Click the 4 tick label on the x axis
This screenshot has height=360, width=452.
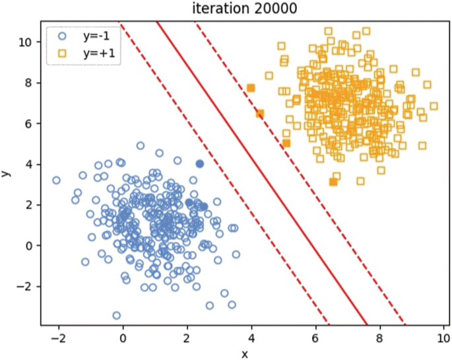pos(251,338)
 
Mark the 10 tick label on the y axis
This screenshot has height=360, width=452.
pos(25,42)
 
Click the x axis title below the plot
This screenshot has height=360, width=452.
pos(244,353)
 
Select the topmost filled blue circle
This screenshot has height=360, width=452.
pos(200,164)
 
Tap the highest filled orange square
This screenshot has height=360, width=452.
pos(251,88)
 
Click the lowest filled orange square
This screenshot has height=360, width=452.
pos(333,182)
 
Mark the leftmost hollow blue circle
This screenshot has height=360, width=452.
pos(57,180)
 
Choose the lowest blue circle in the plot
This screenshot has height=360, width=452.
pos(117,316)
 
